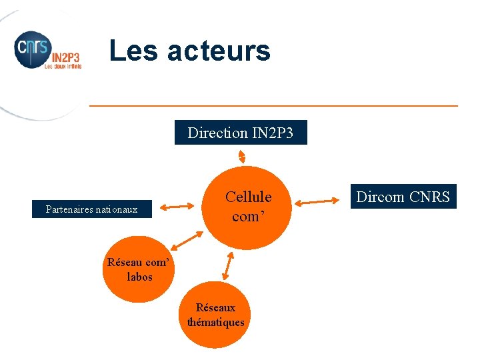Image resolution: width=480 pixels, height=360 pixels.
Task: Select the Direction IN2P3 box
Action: (x=241, y=133)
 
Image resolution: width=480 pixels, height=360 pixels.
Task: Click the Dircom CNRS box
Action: (x=403, y=197)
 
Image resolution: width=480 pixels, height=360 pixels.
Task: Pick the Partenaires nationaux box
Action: (x=92, y=209)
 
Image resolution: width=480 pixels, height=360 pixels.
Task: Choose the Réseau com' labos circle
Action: (x=139, y=269)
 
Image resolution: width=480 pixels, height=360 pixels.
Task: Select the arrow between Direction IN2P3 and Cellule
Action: (x=242, y=155)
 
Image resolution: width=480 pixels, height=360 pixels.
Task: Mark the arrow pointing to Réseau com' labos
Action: (x=188, y=241)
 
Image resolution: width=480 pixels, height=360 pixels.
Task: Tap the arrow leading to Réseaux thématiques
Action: (x=227, y=266)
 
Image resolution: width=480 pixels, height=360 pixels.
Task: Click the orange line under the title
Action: (x=273, y=105)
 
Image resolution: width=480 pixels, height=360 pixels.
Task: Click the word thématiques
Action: (x=215, y=323)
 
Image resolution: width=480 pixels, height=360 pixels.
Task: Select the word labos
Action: (x=139, y=277)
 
